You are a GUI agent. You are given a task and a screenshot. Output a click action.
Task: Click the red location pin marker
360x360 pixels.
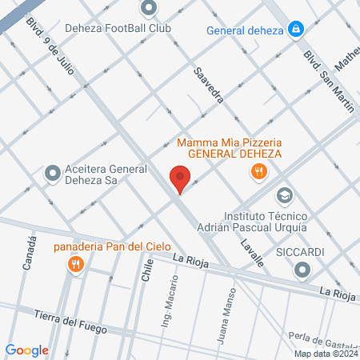pyautogui.click(x=180, y=178)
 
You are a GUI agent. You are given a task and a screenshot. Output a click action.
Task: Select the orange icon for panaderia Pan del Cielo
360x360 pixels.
pyautogui.click(x=76, y=263)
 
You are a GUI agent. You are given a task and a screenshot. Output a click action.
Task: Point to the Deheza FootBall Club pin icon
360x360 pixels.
pyautogui.click(x=148, y=9)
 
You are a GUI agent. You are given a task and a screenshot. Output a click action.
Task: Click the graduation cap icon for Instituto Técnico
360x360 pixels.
pyautogui.click(x=284, y=195)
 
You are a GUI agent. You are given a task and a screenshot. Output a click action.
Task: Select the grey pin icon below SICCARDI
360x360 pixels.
pyautogui.click(x=301, y=270)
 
